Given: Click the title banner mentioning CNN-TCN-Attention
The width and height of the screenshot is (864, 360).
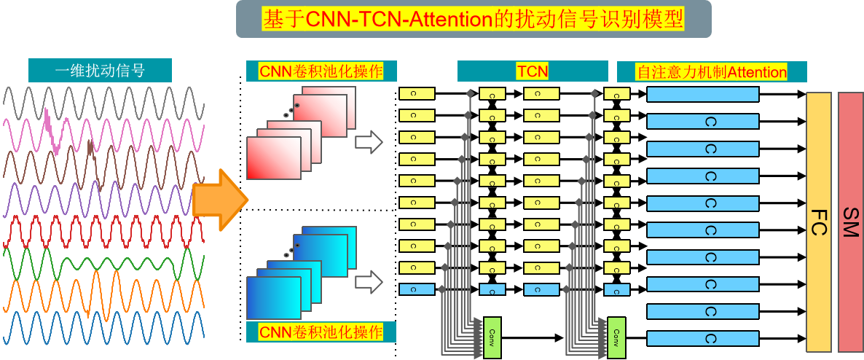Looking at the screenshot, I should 474,19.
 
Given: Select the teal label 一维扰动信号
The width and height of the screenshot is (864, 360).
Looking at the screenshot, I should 100,71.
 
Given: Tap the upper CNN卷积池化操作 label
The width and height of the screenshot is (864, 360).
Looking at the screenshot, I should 321,71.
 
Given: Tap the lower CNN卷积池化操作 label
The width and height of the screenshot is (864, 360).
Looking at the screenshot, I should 321,332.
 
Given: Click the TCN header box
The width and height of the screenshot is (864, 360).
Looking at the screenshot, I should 533,71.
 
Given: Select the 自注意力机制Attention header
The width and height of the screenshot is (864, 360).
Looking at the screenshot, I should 712,72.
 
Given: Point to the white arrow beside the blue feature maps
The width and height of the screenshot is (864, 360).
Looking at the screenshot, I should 369,281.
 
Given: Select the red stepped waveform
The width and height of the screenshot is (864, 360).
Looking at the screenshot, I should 102,232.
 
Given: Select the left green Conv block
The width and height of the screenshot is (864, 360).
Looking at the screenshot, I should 492,337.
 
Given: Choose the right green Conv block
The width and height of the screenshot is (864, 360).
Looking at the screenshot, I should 616,337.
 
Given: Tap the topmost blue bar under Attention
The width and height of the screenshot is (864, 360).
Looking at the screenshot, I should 702,95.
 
